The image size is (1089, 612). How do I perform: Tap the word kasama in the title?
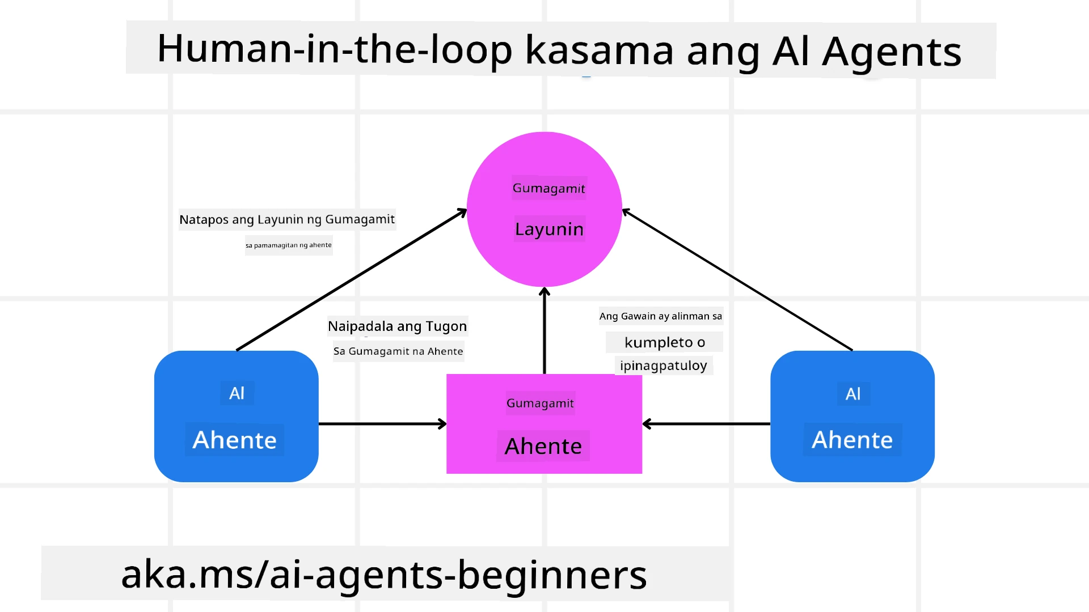(x=600, y=51)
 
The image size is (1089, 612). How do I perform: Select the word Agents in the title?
(x=892, y=53)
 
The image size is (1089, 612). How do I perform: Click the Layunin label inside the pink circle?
(x=549, y=229)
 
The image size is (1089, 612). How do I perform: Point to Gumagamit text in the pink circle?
(x=548, y=188)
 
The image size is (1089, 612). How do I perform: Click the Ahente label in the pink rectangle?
(x=543, y=447)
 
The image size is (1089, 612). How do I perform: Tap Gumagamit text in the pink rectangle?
(x=540, y=403)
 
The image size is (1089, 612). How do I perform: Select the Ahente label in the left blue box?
(x=234, y=440)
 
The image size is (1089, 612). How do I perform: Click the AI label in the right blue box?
(x=853, y=394)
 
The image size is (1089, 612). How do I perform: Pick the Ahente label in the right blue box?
(x=852, y=440)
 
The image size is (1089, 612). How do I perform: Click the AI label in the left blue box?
(x=237, y=393)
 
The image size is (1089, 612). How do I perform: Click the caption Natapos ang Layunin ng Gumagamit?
(x=287, y=219)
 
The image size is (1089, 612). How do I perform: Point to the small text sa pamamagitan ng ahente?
(x=288, y=245)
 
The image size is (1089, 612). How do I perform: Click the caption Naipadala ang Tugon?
(x=397, y=326)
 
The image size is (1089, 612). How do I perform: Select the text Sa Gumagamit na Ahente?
(x=398, y=351)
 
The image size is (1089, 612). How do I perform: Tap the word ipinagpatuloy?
(x=663, y=365)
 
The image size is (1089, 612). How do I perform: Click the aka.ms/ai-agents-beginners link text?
(x=384, y=575)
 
